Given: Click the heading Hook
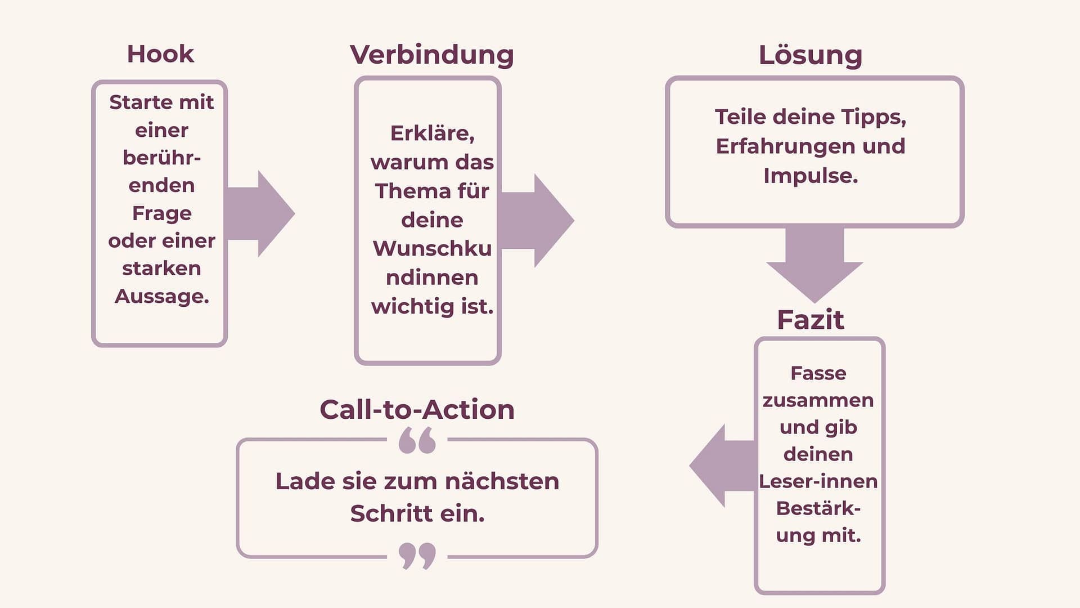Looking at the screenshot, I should coord(160,54).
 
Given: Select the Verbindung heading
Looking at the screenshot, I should coord(431,55).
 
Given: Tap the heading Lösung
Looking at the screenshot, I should coord(810,55).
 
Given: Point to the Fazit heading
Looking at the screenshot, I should coord(810,320).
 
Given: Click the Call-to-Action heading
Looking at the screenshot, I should coord(417,409).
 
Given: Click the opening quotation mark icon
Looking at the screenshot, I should coord(417,440).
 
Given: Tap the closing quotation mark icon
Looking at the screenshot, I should coord(417,556).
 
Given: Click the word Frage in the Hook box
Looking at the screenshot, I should coord(162,213).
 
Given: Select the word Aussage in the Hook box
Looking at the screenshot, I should coord(161,296).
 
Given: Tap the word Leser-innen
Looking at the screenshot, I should coord(818,481).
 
